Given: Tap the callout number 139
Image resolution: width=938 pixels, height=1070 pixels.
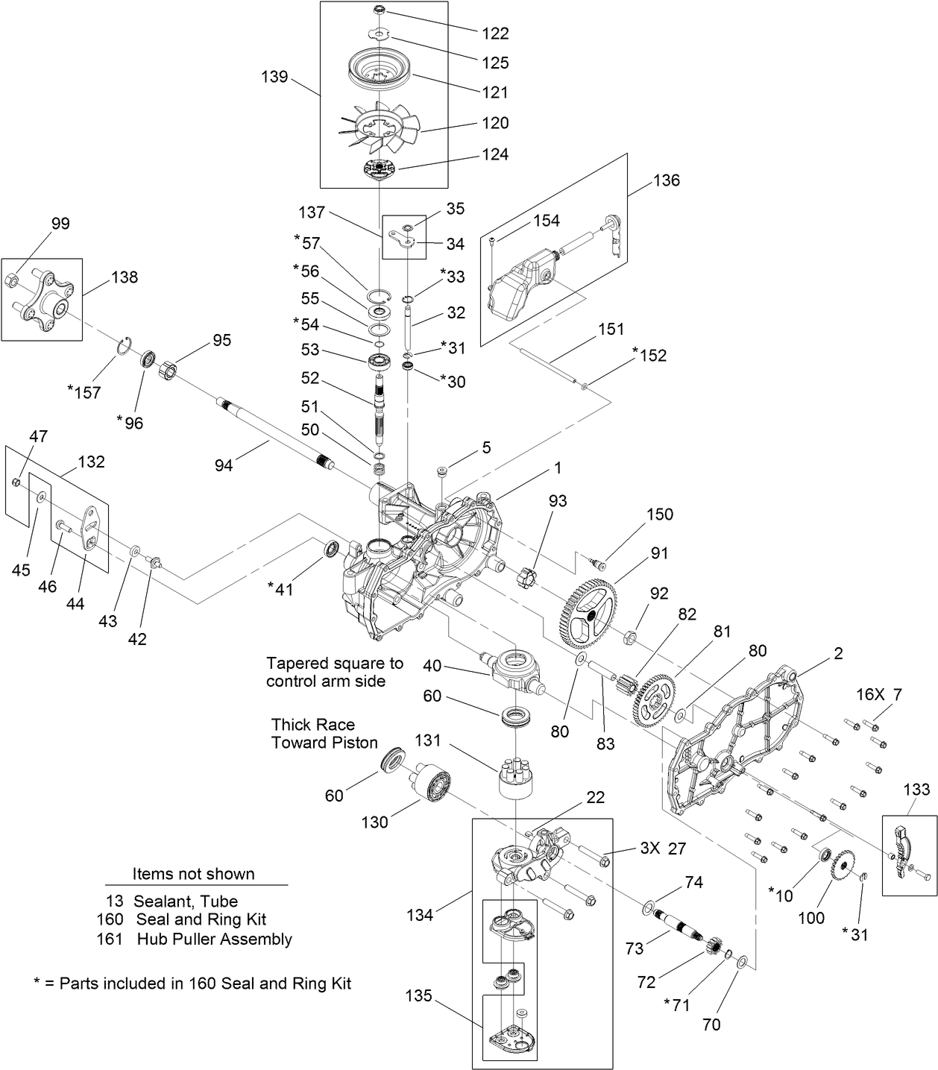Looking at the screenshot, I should pyautogui.click(x=274, y=77).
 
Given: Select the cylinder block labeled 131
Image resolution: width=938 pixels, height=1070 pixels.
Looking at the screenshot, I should pyautogui.click(x=517, y=777).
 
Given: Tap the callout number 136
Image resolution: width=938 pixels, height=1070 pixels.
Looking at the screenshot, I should pyautogui.click(x=666, y=180).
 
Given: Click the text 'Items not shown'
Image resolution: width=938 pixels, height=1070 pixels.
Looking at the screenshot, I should pyautogui.click(x=193, y=874).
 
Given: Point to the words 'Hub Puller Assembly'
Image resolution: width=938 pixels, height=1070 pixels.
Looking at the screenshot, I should pyautogui.click(x=214, y=939).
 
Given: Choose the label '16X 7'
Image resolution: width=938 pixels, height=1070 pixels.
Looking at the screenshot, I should pyautogui.click(x=878, y=695).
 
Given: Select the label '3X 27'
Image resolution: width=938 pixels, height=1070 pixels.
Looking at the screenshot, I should pyautogui.click(x=663, y=849).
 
